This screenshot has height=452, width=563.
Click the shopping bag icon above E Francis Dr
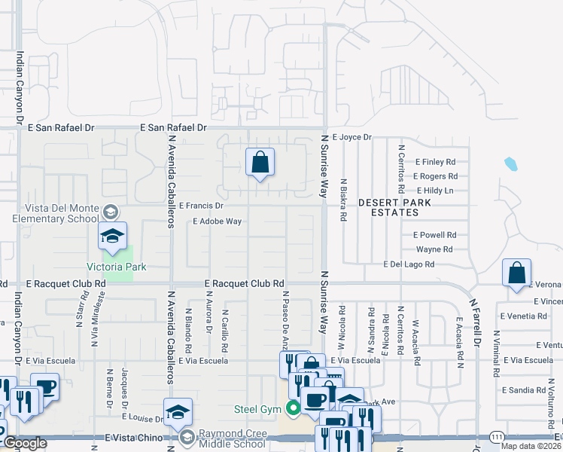point(260,162)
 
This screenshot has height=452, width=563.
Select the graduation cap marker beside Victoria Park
point(112,236)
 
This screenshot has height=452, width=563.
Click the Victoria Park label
point(117,267)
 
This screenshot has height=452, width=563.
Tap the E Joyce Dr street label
point(351,137)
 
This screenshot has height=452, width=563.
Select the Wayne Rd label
point(434,249)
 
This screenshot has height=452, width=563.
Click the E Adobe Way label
point(217,221)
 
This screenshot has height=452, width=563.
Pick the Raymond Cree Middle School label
point(232,439)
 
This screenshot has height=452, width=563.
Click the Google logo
point(24,444)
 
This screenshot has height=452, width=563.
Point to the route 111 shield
point(496,436)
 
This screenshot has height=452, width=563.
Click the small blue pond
point(511,163)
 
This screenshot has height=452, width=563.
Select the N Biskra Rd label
point(343,199)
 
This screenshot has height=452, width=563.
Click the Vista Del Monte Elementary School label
point(56,214)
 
